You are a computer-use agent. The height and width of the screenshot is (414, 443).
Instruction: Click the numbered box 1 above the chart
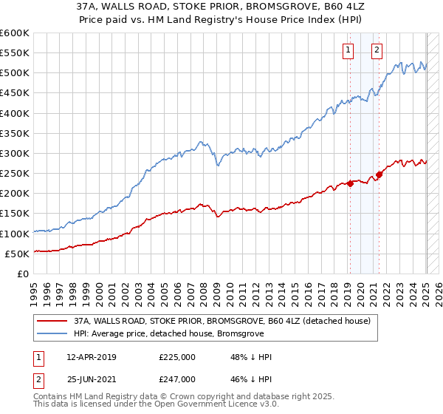click(x=348, y=50)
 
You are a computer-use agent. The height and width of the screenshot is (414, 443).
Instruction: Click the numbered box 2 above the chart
click(x=377, y=50)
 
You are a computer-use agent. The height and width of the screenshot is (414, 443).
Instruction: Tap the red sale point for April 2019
click(x=350, y=184)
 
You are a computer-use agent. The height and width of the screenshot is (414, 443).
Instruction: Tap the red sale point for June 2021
click(x=379, y=175)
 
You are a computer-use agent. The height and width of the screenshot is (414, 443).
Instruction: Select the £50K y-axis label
click(x=18, y=254)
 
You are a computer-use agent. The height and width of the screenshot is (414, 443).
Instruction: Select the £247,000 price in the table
click(x=177, y=379)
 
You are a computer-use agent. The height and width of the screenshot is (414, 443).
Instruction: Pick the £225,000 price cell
click(x=177, y=357)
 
